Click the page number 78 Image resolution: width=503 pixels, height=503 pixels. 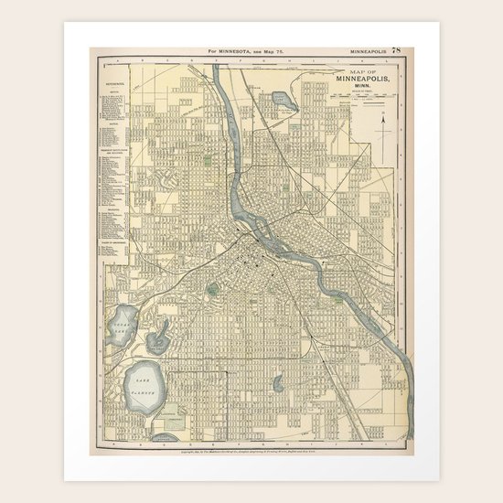click(x=395, y=52)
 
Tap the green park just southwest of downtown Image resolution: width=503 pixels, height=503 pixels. click(x=212, y=291)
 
